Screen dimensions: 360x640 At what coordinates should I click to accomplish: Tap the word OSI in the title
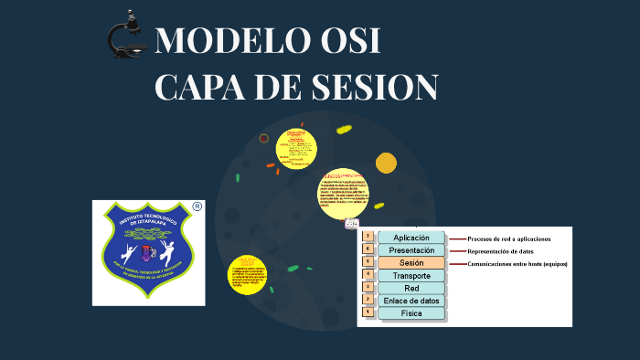pyautogui.click(x=352, y=42)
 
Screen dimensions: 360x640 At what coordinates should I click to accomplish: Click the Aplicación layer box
pyautogui.click(x=411, y=238)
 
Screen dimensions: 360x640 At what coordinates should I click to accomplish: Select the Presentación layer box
pyautogui.click(x=411, y=250)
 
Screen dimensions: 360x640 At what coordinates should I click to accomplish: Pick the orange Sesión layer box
pyautogui.click(x=411, y=263)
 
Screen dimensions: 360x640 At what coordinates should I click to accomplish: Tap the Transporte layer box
pyautogui.click(x=411, y=276)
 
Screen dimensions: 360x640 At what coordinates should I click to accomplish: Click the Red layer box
pyautogui.click(x=411, y=288)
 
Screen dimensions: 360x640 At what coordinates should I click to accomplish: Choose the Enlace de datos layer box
pyautogui.click(x=411, y=301)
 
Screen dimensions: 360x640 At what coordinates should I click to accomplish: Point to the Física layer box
pyautogui.click(x=411, y=313)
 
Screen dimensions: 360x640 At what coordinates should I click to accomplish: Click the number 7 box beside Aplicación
pyautogui.click(x=368, y=237)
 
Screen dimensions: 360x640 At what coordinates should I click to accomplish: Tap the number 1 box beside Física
pyautogui.click(x=368, y=312)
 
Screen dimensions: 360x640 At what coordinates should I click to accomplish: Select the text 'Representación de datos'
pyautogui.click(x=500, y=251)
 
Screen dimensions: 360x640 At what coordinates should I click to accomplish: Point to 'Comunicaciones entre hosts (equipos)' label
pyautogui.click(x=517, y=264)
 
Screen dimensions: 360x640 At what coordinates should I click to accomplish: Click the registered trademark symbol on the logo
pyautogui.click(x=197, y=207)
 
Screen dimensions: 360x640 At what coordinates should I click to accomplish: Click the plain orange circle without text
pyautogui.click(x=386, y=163)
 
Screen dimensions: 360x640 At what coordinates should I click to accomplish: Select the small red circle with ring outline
pyautogui.click(x=264, y=139)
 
